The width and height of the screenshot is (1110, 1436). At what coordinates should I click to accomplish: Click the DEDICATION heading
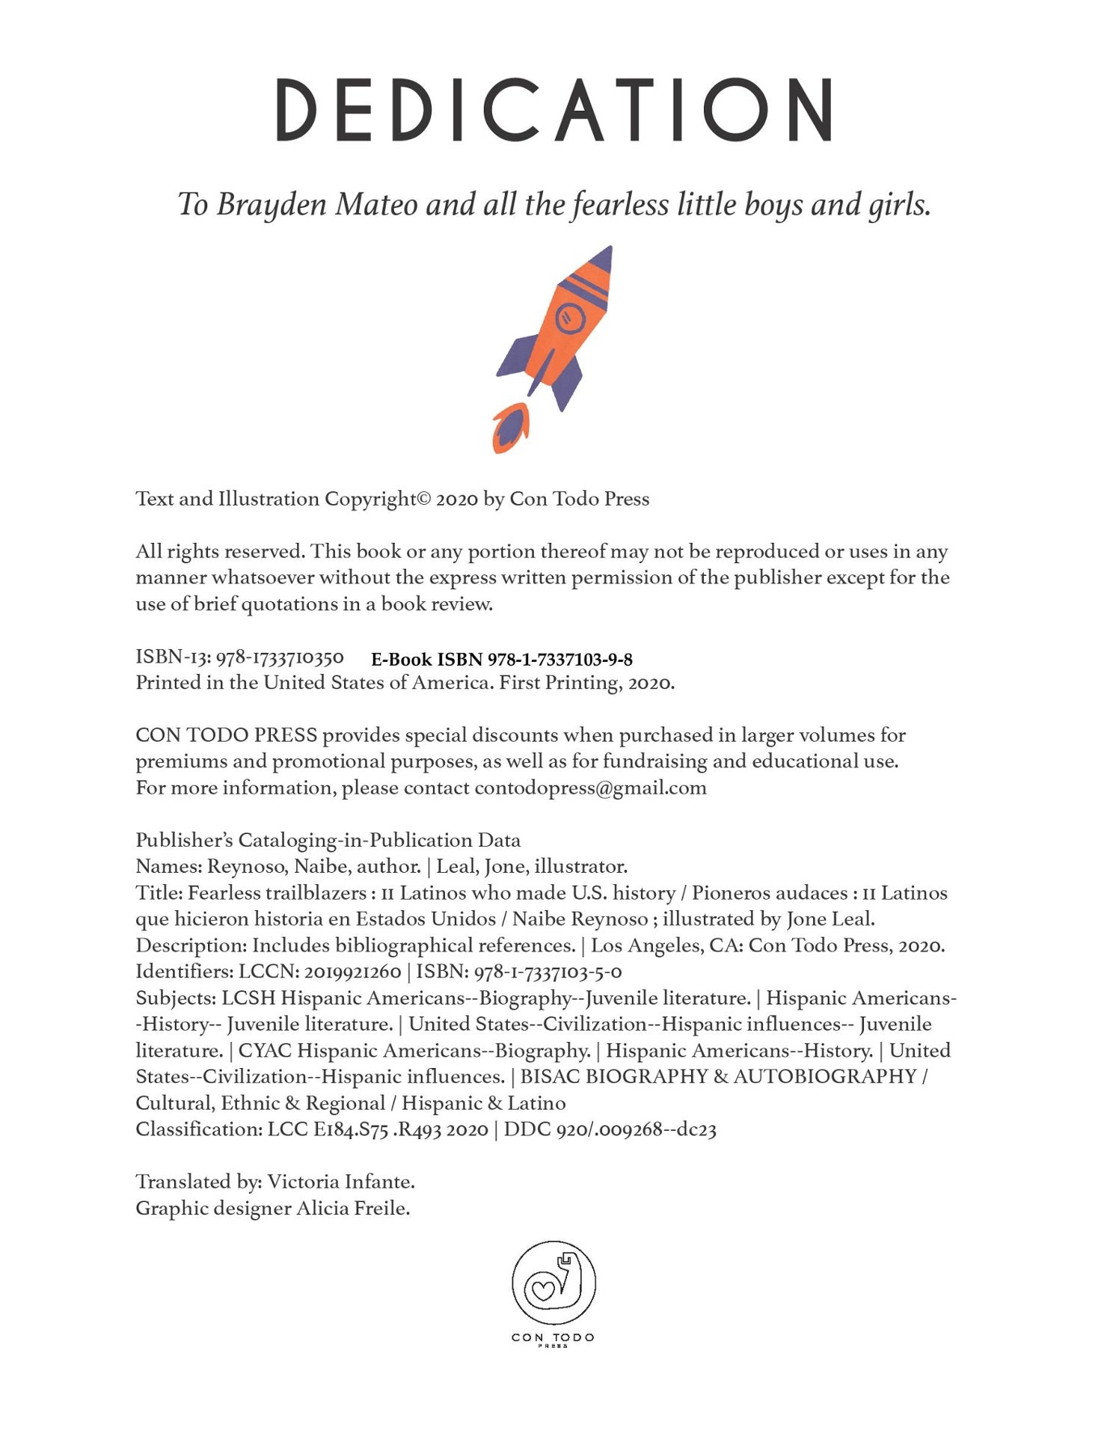554,110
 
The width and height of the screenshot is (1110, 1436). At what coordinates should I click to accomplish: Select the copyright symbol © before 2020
424,499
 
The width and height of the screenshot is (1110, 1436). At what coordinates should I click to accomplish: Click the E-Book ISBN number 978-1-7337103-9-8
560,660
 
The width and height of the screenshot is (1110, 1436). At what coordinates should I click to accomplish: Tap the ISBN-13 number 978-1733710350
280,657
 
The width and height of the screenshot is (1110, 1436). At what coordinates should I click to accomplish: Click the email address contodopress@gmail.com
590,788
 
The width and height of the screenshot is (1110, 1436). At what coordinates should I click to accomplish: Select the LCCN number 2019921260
353,972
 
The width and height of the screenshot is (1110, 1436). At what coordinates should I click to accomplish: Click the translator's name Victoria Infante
340,1182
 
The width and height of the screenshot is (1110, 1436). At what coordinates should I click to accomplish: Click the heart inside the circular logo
544,1289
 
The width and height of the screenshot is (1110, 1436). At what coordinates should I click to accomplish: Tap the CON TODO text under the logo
554,1337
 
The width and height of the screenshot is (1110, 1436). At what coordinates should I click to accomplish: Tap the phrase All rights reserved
220,551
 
